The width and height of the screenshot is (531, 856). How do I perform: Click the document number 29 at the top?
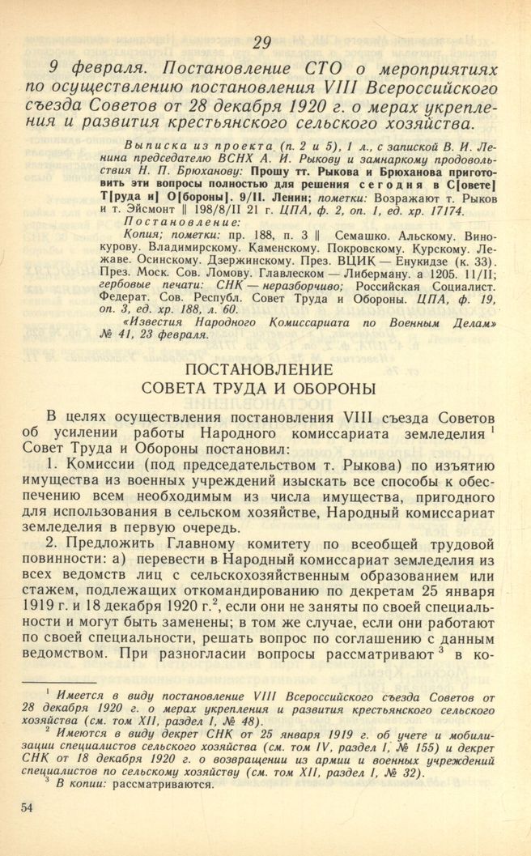tap(264, 43)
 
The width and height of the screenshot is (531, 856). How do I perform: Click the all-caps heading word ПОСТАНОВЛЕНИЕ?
tap(264, 368)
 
